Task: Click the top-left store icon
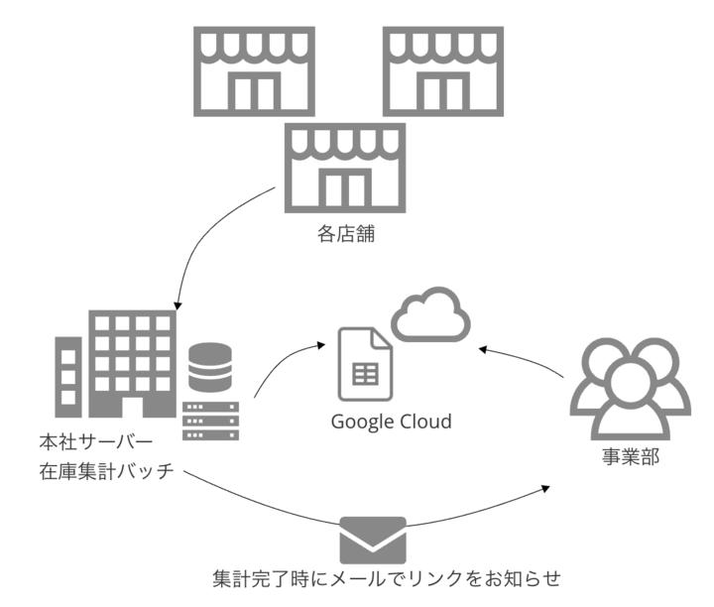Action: (x=254, y=72)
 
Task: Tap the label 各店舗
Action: (x=346, y=235)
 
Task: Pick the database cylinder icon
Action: (x=209, y=367)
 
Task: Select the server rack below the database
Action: (x=209, y=420)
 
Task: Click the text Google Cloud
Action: (x=391, y=422)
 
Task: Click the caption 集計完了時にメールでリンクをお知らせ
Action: (x=393, y=578)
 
